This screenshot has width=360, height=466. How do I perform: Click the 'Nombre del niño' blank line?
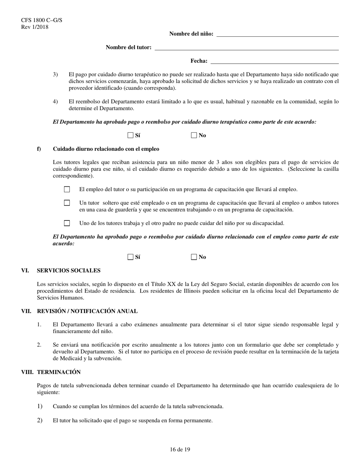tap(277, 34)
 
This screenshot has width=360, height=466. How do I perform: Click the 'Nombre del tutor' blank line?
tap(247, 48)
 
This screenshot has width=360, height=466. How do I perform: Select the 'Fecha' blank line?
tap(274, 62)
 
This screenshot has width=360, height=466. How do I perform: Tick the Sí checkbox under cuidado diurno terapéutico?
tap(130, 135)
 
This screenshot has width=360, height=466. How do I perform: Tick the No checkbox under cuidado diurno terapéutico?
tap(194, 135)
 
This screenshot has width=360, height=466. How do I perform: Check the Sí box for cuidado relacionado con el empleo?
tap(130, 257)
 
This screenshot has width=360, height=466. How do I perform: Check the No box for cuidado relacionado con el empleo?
tap(194, 257)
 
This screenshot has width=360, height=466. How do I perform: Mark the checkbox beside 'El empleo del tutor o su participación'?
tap(67, 189)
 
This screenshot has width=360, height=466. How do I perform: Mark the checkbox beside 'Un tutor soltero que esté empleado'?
tap(67, 203)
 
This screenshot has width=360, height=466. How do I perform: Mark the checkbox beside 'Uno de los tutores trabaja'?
tap(67, 223)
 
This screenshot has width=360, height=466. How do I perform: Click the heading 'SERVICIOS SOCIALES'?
tap(69, 271)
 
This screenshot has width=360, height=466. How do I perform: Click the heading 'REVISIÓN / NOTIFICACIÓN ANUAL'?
tap(87, 311)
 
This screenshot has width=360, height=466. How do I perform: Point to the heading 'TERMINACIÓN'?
tap(59, 372)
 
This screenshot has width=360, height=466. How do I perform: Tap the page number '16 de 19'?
tap(180, 450)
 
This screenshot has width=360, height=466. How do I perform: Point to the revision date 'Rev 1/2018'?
tap(35, 27)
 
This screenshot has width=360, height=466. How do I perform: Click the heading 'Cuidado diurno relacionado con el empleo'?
tap(106, 149)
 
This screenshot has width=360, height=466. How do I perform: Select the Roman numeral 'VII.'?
tap(26, 311)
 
